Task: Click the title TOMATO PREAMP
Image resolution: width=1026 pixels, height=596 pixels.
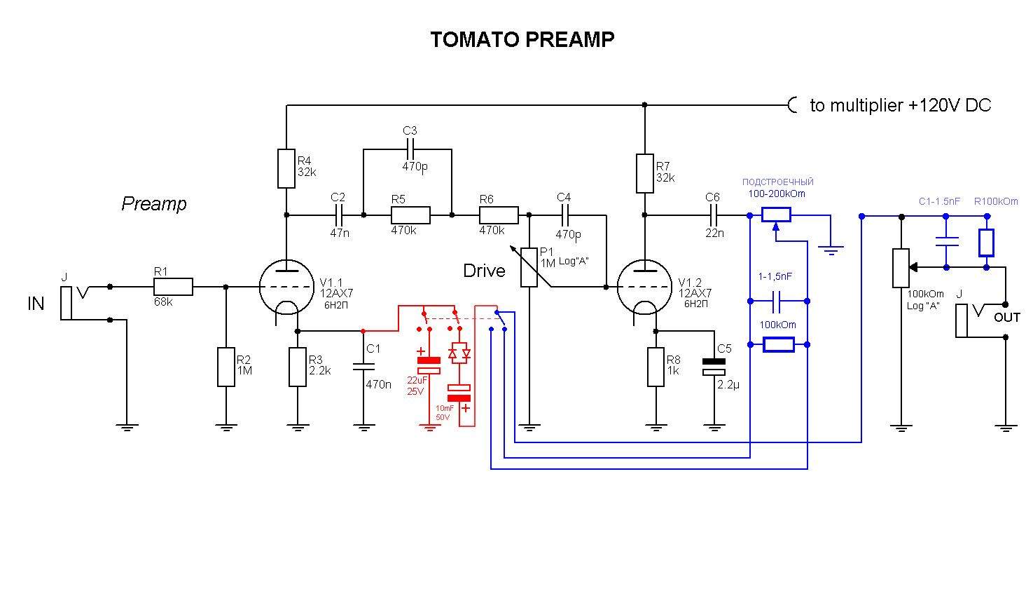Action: tap(522, 39)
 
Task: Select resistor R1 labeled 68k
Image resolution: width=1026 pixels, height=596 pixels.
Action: tap(173, 287)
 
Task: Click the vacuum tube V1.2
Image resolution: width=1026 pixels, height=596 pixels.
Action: tap(644, 287)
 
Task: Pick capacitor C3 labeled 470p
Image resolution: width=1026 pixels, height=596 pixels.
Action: tap(410, 149)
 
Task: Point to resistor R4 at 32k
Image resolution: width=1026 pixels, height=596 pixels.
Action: tap(286, 168)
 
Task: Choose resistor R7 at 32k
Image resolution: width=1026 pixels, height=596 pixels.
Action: tap(644, 173)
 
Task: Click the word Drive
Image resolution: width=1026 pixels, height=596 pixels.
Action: tap(484, 271)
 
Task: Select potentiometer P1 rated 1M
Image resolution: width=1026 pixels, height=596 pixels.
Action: tap(529, 267)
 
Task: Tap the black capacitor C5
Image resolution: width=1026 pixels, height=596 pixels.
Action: tap(714, 366)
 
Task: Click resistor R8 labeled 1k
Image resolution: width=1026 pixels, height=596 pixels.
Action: tap(656, 367)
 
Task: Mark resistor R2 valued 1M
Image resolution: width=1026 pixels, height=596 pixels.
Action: tap(226, 367)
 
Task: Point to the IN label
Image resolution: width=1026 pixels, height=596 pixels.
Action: tap(36, 304)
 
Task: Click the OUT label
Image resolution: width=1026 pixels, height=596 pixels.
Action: tap(1007, 318)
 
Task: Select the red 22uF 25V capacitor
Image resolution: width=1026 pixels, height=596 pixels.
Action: tap(429, 365)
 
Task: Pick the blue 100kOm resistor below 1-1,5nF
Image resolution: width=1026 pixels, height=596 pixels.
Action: tap(778, 344)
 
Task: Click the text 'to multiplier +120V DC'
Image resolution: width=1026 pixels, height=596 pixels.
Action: tap(900, 105)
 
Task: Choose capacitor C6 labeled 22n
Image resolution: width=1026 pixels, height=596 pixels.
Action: tap(713, 215)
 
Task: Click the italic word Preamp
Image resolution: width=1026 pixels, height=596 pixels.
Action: tap(154, 204)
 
